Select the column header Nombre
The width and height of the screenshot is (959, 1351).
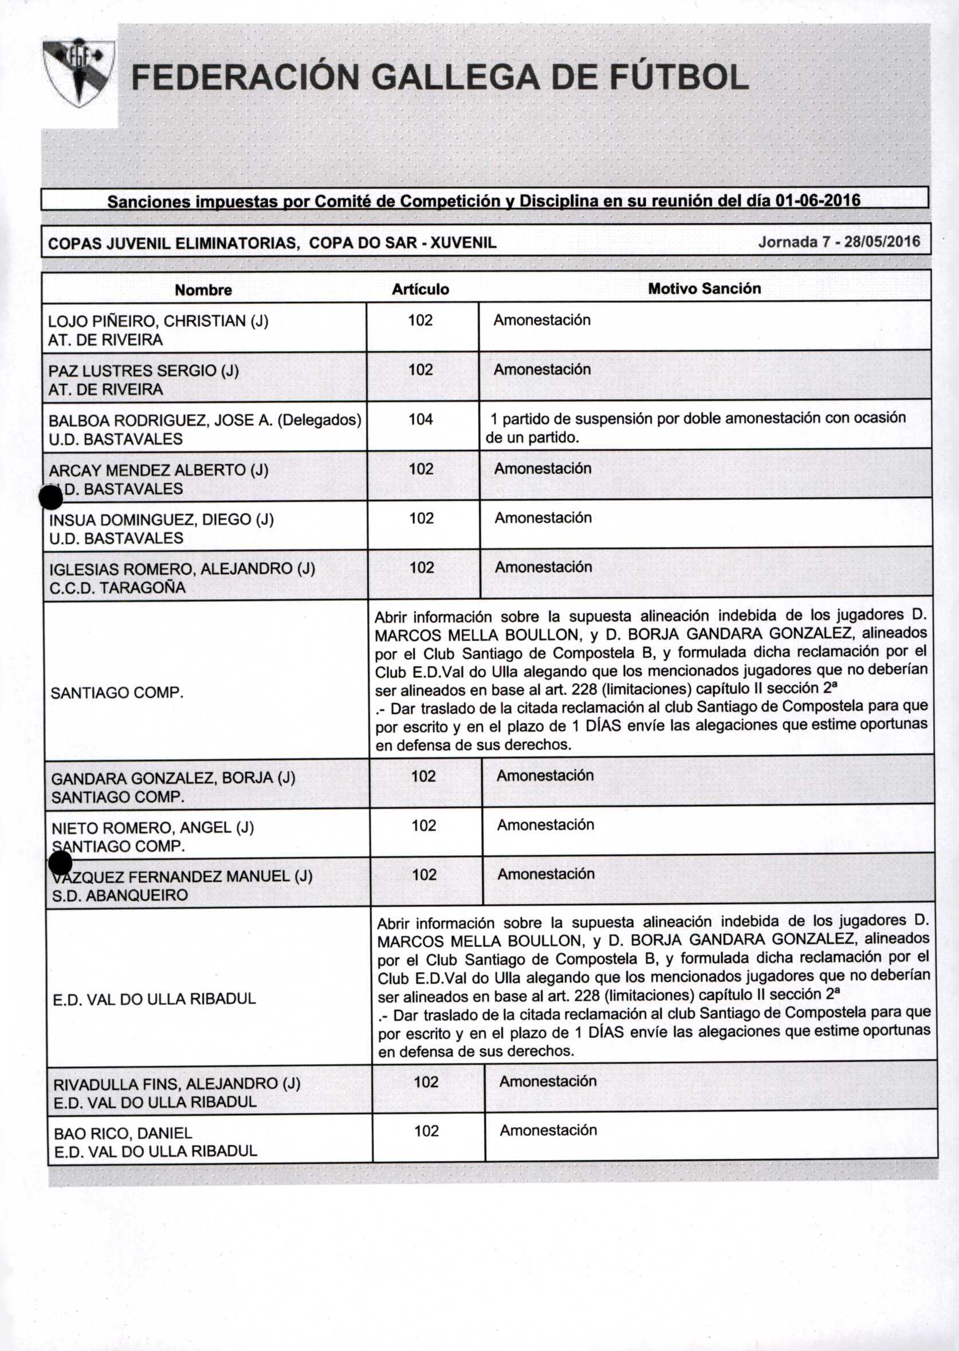click(x=203, y=290)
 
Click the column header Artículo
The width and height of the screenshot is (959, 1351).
click(x=420, y=289)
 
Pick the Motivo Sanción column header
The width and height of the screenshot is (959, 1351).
click(x=704, y=289)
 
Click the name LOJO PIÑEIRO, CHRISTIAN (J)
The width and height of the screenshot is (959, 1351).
click(x=158, y=321)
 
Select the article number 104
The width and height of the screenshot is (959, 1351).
click(x=421, y=419)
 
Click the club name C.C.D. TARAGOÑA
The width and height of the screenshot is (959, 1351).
click(x=117, y=587)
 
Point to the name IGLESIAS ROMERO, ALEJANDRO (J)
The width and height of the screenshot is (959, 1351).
click(x=182, y=569)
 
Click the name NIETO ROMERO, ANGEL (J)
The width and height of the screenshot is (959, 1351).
click(x=153, y=827)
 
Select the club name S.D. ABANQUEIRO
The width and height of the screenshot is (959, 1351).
click(x=120, y=895)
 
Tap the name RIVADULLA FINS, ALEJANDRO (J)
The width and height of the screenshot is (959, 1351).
click(x=176, y=1084)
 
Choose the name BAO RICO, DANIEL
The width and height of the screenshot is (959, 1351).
click(x=123, y=1133)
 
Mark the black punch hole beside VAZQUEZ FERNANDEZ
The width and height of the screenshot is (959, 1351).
click(x=60, y=864)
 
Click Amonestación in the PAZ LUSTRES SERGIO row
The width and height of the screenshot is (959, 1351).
click(x=542, y=370)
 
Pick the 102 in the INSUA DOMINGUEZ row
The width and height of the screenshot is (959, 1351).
click(x=422, y=519)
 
